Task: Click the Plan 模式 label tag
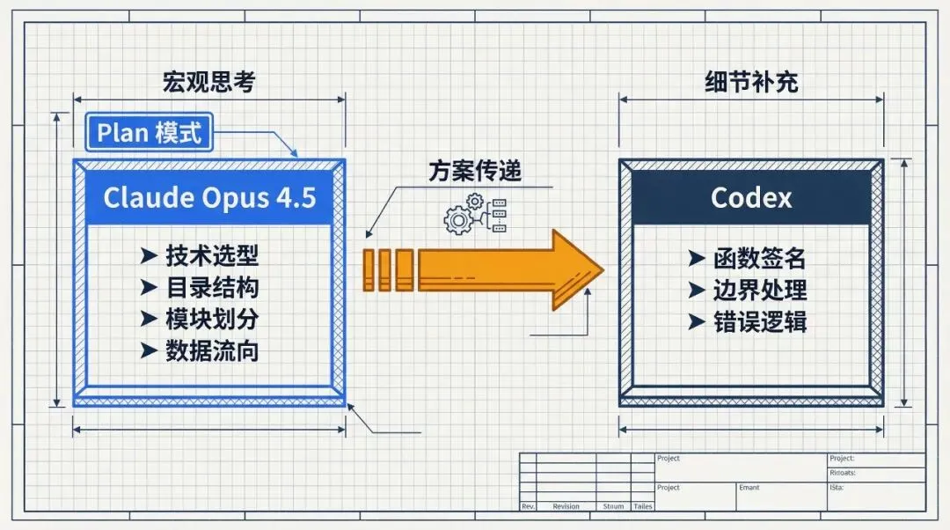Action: coord(149,132)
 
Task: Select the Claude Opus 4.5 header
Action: coord(209,197)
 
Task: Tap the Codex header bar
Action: coord(751,197)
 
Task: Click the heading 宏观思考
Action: coord(209,82)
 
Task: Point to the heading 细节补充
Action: coord(751,82)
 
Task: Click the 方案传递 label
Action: coord(475,169)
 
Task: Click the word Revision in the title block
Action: coord(566,506)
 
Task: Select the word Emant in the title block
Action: coord(749,487)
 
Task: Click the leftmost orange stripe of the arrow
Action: coord(369,269)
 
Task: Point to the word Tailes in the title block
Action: coord(642,506)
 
